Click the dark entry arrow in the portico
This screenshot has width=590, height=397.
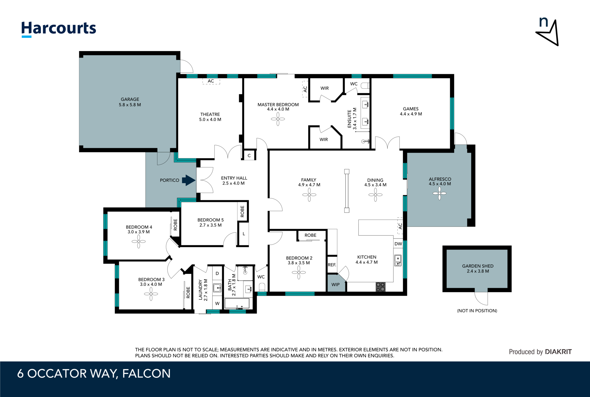point(189,180)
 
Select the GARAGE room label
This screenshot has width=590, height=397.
point(130,99)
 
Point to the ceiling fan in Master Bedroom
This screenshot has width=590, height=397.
point(278,119)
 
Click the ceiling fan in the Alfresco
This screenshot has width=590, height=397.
point(440,193)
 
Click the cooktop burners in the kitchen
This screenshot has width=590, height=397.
point(381,287)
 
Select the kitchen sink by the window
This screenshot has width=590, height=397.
point(398,260)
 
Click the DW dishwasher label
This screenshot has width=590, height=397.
point(398,244)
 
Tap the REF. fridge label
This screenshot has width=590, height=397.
point(332,265)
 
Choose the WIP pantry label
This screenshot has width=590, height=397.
point(336,285)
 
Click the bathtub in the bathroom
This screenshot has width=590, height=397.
point(237,304)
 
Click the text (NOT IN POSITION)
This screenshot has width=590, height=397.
point(477,311)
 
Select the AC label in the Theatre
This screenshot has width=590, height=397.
point(211,81)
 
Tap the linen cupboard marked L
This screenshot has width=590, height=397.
point(243,234)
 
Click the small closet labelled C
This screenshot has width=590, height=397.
point(249,155)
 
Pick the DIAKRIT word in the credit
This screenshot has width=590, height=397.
point(558,352)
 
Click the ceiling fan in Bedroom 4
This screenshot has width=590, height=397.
point(139,242)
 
